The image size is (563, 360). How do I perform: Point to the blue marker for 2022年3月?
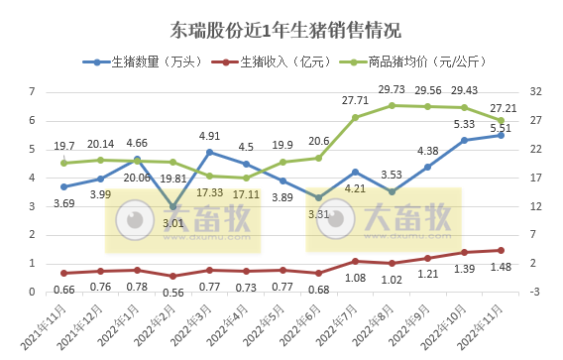[x=209, y=152]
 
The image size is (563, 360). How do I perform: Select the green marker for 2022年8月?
[x=392, y=105]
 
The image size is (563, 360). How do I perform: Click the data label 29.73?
[x=393, y=90]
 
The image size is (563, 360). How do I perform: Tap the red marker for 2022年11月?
[x=501, y=250]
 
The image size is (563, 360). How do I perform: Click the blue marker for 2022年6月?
[x=318, y=197]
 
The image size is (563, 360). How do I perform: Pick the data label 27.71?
[x=354, y=101]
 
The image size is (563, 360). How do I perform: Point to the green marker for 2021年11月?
[x=63, y=162]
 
